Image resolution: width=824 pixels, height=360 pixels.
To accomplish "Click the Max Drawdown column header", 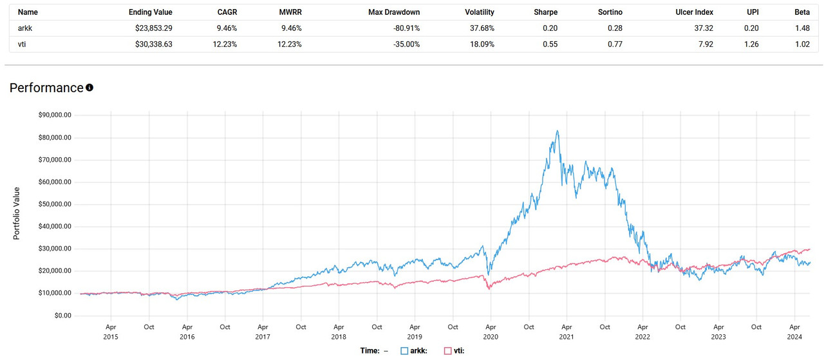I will coord(394,12).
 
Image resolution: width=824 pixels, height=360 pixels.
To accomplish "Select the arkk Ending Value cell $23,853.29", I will coord(150,28).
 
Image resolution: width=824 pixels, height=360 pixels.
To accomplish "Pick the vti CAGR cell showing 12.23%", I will coord(223,44).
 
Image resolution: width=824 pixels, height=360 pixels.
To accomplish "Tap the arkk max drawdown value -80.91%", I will coord(402,28).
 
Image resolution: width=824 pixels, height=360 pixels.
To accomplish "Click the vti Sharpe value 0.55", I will coord(550,44).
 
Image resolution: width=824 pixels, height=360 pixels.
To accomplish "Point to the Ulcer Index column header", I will coord(695,12).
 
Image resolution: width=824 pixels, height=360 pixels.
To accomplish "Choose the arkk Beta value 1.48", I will coord(802,28).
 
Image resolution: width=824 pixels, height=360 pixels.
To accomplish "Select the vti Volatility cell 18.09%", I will coord(479,44).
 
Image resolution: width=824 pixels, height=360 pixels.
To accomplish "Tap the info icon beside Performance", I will coord(89,88).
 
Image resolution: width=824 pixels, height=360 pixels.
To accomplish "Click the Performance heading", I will coord(46,88).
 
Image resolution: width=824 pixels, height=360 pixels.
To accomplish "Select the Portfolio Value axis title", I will coord(17,214).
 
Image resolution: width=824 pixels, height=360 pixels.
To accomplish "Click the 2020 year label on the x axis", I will coord(491,337).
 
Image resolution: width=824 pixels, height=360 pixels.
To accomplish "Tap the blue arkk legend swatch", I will coord(404,351).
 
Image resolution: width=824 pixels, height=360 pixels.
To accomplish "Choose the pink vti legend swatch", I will coord(448,351).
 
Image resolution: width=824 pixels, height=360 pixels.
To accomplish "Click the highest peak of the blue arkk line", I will coord(557,131).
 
